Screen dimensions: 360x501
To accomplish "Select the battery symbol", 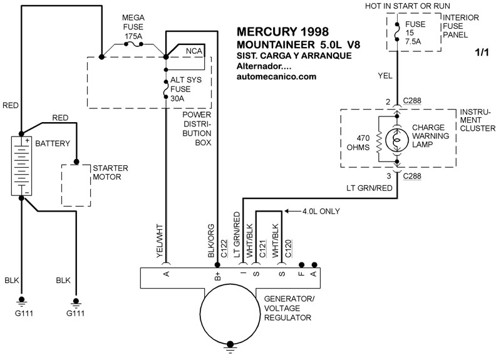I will point(21,165).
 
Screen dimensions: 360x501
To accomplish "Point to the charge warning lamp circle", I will point(396,139).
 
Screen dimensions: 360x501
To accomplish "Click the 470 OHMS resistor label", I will point(366,143).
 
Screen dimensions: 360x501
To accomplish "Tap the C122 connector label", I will point(224,248).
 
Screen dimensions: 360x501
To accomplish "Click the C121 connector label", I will point(264,248).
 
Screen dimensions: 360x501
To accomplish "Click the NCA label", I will point(194,49).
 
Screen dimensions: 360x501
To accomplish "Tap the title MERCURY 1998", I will point(282,31).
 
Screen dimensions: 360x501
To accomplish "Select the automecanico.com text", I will point(277,76).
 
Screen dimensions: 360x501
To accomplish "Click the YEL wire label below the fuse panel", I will point(385,75).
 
